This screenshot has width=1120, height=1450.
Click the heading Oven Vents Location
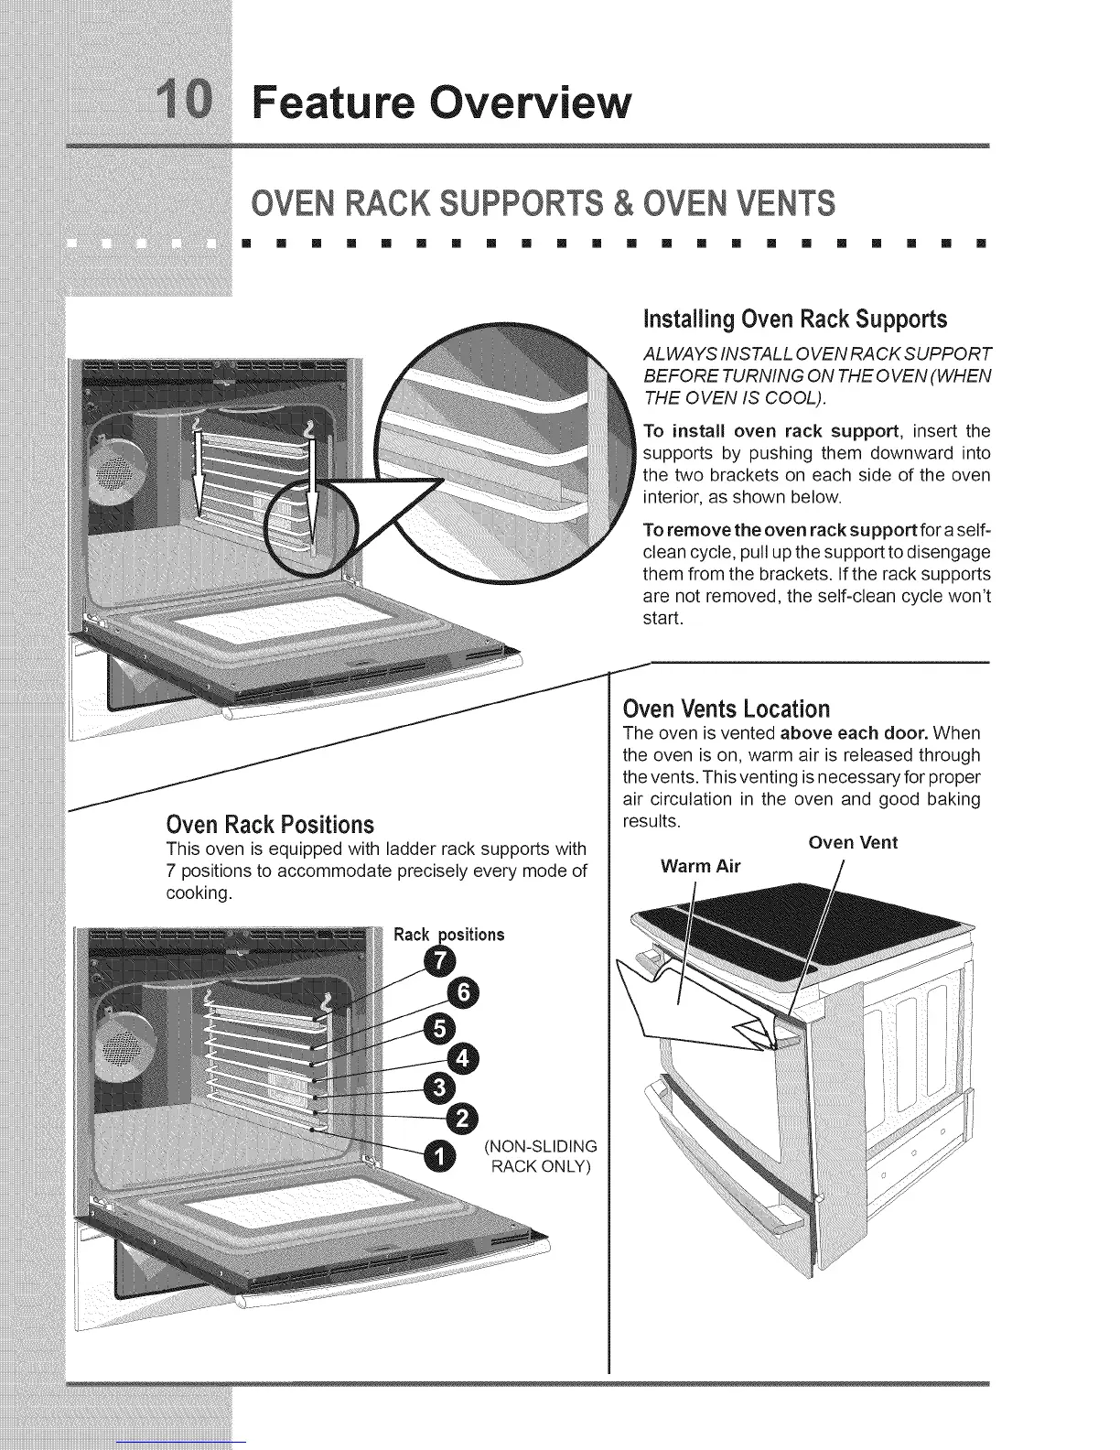726,709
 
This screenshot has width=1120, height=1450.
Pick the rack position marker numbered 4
462,1060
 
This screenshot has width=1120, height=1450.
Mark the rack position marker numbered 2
462,1119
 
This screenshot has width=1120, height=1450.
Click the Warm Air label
700,866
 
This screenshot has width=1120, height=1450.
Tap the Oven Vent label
853,843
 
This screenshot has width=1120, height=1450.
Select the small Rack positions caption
448,935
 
